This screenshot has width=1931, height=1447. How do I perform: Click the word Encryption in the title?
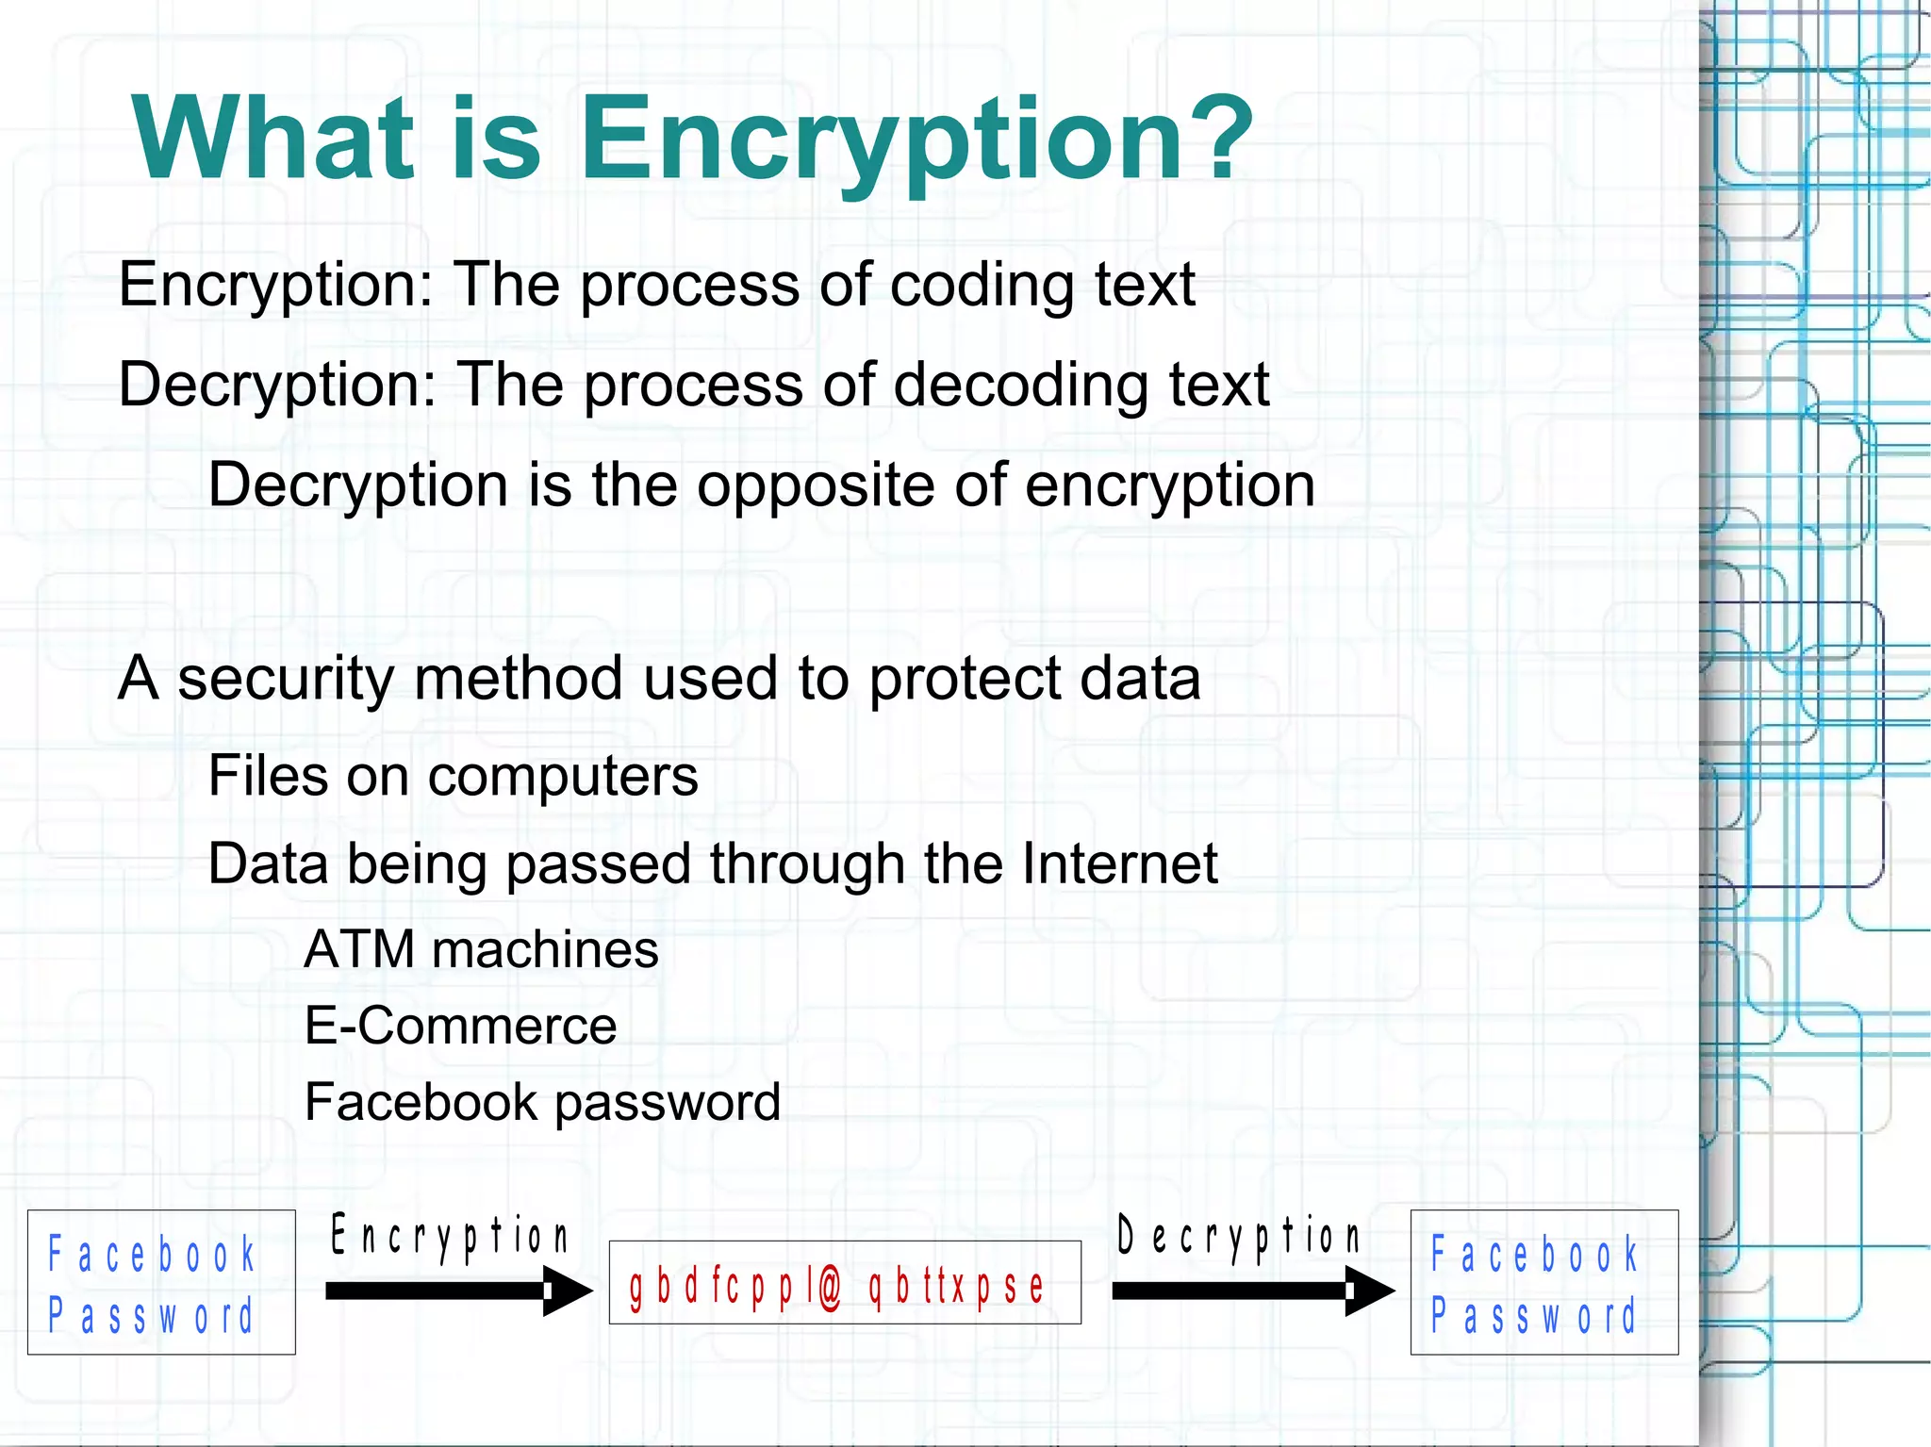click(882, 140)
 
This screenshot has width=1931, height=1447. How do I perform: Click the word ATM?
click(359, 949)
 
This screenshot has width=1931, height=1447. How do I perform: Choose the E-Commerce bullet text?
click(460, 1026)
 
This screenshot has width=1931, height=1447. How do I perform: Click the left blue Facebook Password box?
click(161, 1282)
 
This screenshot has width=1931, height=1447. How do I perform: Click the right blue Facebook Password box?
click(1543, 1282)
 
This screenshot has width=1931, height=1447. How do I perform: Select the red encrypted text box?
click(844, 1283)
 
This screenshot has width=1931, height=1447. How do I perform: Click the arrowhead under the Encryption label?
click(568, 1291)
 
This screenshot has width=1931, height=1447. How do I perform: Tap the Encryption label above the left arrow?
click(450, 1236)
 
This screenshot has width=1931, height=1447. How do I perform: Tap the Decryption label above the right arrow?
click(1238, 1236)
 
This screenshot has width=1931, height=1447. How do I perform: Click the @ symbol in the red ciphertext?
click(829, 1288)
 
